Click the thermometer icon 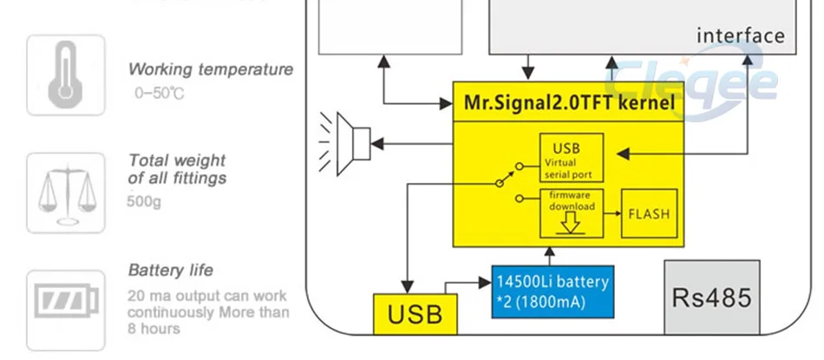(x=65, y=75)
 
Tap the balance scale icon (x=65, y=193)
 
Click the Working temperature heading (x=211, y=69)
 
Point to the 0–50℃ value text (x=159, y=92)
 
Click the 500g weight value (x=144, y=202)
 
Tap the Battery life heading (x=170, y=270)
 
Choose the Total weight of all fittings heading (x=177, y=169)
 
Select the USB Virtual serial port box (x=571, y=157)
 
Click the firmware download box (x=571, y=212)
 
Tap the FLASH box (x=649, y=213)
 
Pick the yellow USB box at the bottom (x=415, y=314)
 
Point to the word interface (x=740, y=36)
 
